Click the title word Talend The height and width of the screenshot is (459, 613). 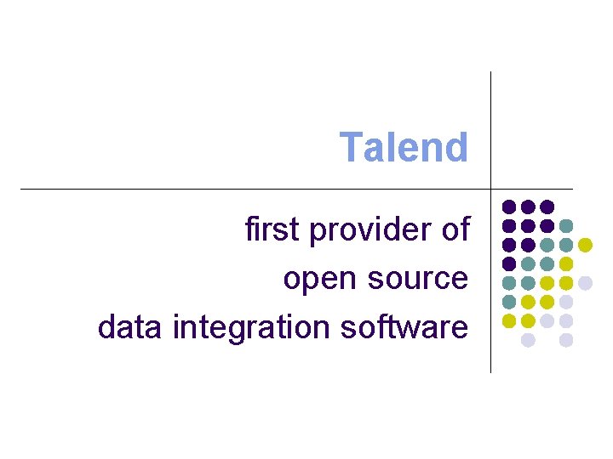404,147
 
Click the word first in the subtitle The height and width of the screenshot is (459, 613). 272,229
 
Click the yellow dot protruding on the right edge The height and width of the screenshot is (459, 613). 585,245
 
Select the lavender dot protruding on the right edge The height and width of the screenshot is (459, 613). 585,283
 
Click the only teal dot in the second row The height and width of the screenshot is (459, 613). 566,226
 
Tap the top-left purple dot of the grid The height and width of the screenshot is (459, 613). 509,207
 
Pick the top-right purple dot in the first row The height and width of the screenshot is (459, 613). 547,207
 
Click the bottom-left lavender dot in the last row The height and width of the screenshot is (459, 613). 528,340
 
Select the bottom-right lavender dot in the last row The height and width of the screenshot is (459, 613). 566,340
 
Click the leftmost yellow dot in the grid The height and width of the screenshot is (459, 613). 509,320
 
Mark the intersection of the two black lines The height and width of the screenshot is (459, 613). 491,189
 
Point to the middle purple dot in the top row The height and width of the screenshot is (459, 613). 528,207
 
